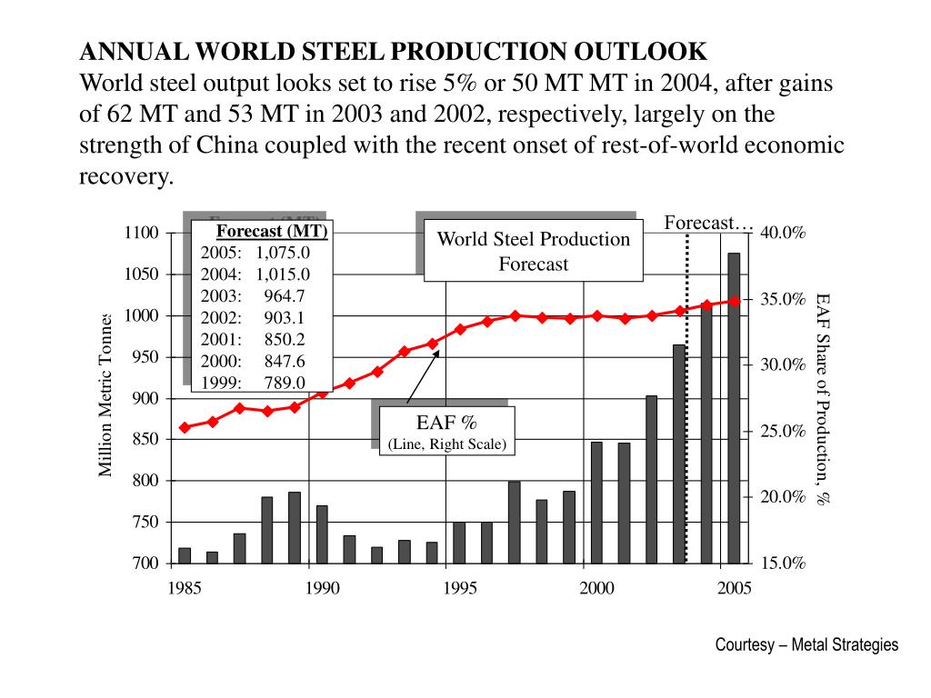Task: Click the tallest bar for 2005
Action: [x=734, y=408]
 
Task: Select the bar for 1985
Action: [x=185, y=555]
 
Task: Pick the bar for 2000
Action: [x=596, y=503]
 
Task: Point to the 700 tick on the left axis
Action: [x=145, y=563]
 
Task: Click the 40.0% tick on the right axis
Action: [x=783, y=234]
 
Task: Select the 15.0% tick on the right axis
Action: [x=783, y=563]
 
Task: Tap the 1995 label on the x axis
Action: [x=460, y=588]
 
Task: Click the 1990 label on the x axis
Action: [x=322, y=588]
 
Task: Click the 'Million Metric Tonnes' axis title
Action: [x=105, y=394]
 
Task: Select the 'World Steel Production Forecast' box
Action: [x=534, y=252]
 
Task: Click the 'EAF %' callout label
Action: [x=446, y=423]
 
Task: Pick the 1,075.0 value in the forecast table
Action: [x=283, y=253]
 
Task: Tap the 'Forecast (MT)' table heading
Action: [x=272, y=231]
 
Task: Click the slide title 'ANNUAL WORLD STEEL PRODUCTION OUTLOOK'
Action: [x=393, y=50]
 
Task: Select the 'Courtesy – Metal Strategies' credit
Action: [x=806, y=645]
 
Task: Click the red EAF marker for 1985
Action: [x=185, y=427]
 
